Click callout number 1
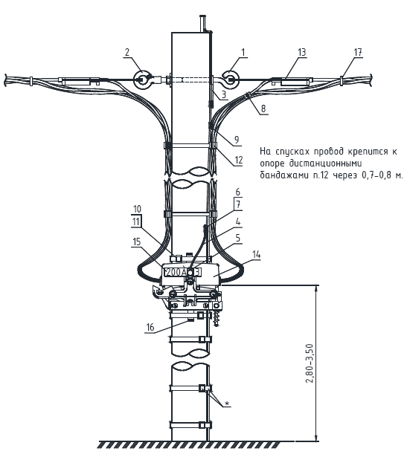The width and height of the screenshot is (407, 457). pos(243,53)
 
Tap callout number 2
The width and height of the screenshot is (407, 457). pos(127,53)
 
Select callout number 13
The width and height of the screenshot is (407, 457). pos(301,53)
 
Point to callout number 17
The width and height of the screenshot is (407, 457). pos(358,53)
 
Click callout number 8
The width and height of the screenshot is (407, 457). pos(263,108)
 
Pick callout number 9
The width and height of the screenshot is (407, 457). pos(237,140)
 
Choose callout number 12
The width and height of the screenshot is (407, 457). pos(239,160)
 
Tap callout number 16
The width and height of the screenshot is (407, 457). pos(150,327)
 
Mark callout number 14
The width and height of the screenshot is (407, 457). pos(257,254)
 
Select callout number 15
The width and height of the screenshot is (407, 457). pos(137,242)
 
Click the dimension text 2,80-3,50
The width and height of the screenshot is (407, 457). pos(310,363)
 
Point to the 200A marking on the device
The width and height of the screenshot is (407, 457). pos(176,273)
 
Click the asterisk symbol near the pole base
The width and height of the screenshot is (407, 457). pos(227,403)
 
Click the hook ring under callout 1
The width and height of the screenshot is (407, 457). pos(231,80)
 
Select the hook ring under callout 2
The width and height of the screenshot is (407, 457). pos(142,80)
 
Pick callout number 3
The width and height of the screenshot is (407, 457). pos(223,94)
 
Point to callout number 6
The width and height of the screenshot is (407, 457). pos(238,192)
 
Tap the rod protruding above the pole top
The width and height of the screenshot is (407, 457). pos(202,23)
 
